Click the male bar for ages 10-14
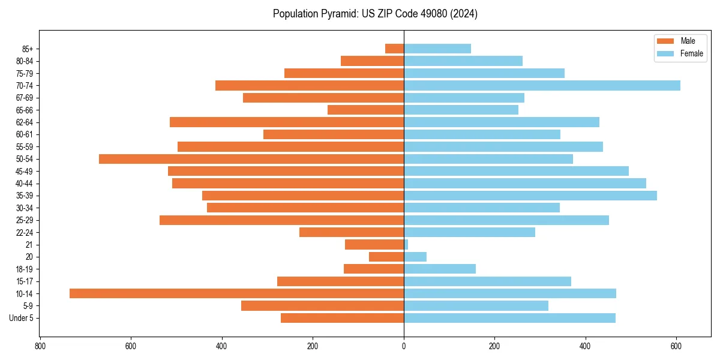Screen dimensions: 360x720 point(236,293)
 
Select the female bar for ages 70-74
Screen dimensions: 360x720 point(542,86)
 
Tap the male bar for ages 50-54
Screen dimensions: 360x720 point(251,159)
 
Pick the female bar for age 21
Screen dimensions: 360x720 point(406,245)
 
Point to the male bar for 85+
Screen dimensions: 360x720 point(394,49)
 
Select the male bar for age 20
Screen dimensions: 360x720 point(386,257)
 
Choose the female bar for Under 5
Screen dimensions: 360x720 point(509,318)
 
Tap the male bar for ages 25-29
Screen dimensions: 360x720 point(281,220)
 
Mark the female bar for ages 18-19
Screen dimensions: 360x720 point(440,269)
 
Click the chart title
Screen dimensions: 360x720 point(375,14)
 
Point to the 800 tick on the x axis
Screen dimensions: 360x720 point(40,346)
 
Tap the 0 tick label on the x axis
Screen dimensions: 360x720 point(404,346)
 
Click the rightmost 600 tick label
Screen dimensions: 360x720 point(677,346)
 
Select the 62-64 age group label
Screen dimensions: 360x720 point(25,122)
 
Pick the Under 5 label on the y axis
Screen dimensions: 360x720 point(22,318)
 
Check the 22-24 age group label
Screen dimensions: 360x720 point(25,232)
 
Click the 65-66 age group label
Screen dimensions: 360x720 point(25,110)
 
